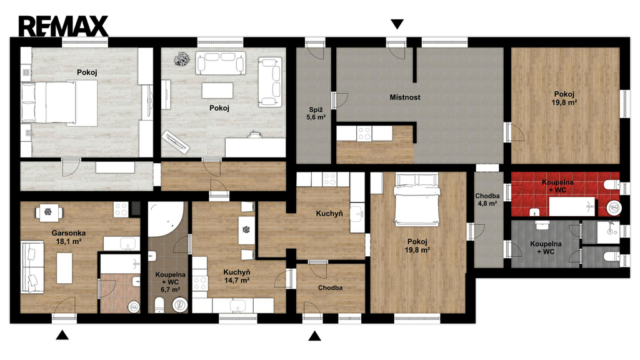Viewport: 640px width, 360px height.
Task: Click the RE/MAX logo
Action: [63, 26]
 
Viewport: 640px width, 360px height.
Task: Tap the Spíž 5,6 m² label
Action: [316, 113]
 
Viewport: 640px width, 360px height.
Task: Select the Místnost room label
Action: [405, 97]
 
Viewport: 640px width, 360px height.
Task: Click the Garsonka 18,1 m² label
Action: [69, 237]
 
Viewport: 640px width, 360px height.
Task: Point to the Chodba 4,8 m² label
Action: [487, 199]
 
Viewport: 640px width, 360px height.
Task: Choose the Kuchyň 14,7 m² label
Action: [237, 276]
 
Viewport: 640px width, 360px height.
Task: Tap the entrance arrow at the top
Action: [397, 24]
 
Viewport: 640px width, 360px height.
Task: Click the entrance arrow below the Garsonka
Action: [62, 335]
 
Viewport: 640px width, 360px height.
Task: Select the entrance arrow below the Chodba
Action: [314, 336]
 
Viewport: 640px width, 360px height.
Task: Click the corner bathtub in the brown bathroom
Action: [165, 219]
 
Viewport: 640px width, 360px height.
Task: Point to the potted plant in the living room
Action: [182, 59]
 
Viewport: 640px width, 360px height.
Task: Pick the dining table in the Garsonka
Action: [49, 212]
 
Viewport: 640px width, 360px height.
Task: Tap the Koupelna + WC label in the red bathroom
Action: [557, 186]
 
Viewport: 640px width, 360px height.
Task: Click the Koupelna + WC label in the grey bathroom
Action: [546, 247]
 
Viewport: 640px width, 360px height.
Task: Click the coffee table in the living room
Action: [217, 90]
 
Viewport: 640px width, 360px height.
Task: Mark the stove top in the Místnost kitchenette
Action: [364, 134]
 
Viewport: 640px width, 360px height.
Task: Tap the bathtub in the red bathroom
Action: [571, 206]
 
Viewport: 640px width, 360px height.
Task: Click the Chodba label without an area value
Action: [330, 287]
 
